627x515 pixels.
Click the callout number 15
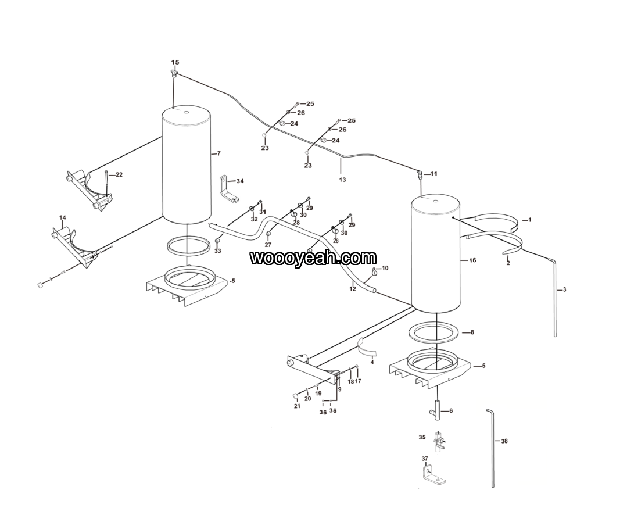(175, 62)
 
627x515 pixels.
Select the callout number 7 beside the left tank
(218, 153)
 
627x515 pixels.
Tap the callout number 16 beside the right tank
(472, 260)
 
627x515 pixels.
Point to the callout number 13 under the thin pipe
(342, 180)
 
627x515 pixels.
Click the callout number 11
(434, 174)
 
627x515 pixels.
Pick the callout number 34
(240, 181)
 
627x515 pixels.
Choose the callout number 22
(119, 175)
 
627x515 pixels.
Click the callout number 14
(62, 217)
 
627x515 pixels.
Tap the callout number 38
(504, 441)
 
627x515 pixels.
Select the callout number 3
(564, 289)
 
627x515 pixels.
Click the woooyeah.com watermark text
(313, 258)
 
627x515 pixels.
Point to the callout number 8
(472, 332)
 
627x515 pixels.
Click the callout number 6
(451, 410)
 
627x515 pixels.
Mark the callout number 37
(425, 458)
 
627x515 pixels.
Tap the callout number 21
(297, 406)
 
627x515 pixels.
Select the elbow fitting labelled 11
(420, 175)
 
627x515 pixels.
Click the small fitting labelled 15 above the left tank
(174, 73)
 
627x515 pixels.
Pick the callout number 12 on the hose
(352, 289)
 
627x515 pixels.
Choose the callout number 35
(422, 437)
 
